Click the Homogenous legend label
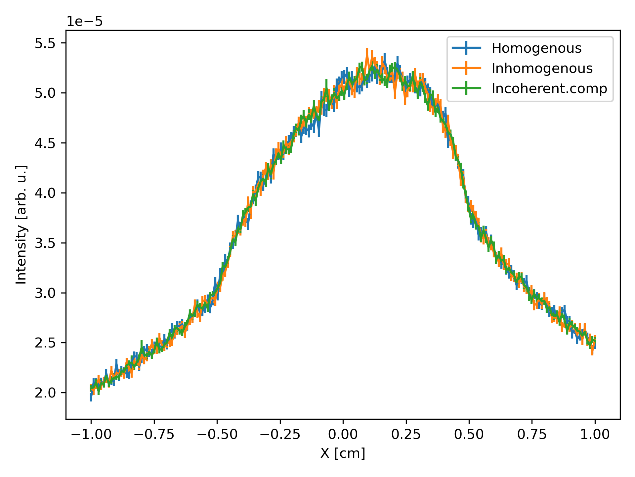pos(536,48)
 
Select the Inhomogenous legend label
pos(542,69)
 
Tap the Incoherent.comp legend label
pos(549,88)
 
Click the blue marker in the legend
pos(466,48)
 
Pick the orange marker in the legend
pos(466,68)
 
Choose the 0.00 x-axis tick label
pos(343,434)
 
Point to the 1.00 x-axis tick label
pos(595,434)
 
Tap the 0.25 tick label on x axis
pos(406,434)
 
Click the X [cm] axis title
pos(343,453)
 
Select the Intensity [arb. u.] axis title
pos(21,225)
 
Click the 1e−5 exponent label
pos(85,22)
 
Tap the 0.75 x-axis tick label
pos(532,434)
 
